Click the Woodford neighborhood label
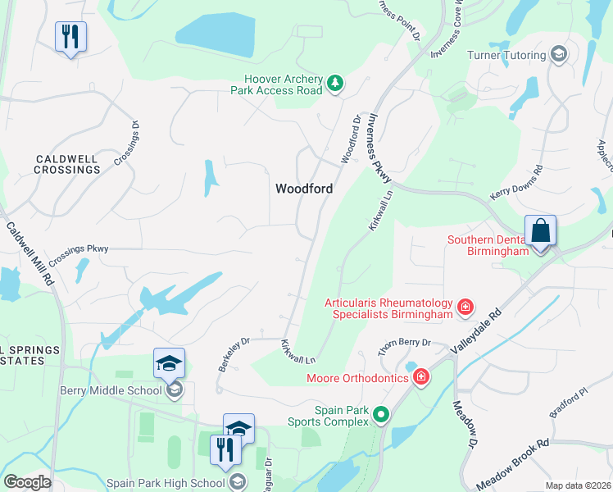coord(303,189)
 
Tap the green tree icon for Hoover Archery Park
coord(334,82)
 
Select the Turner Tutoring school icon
coord(559,55)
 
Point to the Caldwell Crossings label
coord(67,164)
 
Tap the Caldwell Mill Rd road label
coord(30,253)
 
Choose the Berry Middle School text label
coord(111,390)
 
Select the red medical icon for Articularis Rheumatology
coord(465,307)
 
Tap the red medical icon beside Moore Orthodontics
coord(421,377)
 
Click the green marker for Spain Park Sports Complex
coord(380,416)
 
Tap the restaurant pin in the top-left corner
coord(70,36)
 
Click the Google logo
coord(27,482)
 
